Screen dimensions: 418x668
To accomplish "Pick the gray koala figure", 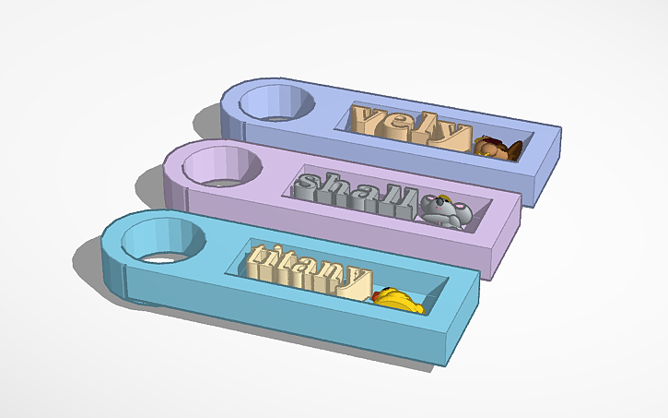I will point(446,210).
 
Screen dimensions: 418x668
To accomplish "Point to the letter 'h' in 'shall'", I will point(334,187).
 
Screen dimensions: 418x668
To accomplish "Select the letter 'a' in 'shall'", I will point(359,194).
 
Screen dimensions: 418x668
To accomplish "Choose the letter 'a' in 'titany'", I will point(306,270).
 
